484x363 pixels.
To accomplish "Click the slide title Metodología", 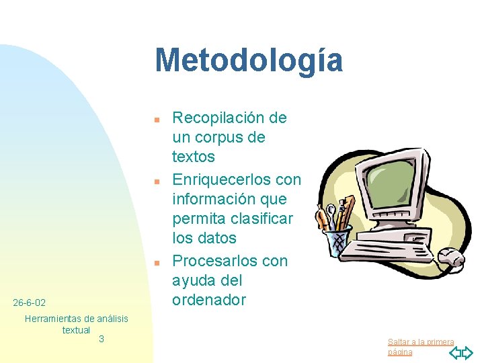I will (249, 60).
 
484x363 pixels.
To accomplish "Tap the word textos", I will (194, 157).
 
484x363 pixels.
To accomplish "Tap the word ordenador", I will (209, 300).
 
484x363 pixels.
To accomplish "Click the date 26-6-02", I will (30, 303).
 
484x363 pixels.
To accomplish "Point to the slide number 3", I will (102, 339).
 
